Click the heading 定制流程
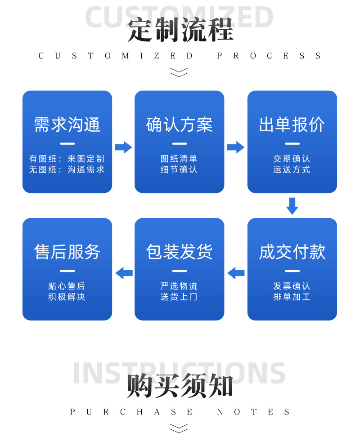pos(180,30)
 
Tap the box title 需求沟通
pos(67,125)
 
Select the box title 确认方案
pos(179,125)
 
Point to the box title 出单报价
pos(292,125)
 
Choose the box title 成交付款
pos(292,252)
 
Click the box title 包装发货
pos(179,252)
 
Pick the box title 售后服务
pos(67,252)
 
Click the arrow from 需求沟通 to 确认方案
pos(123,147)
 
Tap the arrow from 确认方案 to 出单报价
pos(235,147)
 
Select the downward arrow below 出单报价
pos(292,205)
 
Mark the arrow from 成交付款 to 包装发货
pos(236,272)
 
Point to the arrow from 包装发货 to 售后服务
pos(124,272)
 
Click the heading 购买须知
pos(180,385)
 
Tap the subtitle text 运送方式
pos(292,169)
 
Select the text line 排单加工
pos(292,297)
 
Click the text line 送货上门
pos(179,297)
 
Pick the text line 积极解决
pos(67,297)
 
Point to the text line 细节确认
pos(179,169)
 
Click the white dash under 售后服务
pos(67,271)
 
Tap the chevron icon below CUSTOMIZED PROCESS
pos(179,72)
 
